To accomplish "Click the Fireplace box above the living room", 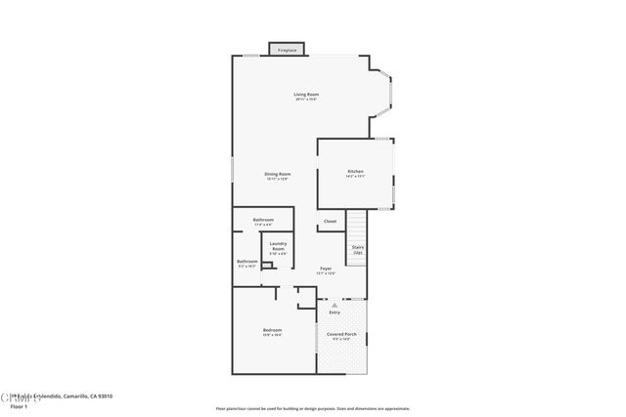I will click(x=287, y=49).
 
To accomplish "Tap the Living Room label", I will click(x=306, y=95).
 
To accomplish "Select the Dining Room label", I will click(x=278, y=174).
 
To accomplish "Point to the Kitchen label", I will click(x=355, y=172).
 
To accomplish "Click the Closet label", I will click(x=330, y=222).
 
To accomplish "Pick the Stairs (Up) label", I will click(x=357, y=249).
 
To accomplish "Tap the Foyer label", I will click(x=325, y=268).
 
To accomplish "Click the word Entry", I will click(x=335, y=312).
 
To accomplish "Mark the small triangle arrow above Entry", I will click(x=335, y=305).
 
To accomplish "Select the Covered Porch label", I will click(x=340, y=334).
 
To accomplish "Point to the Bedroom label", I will click(x=272, y=330).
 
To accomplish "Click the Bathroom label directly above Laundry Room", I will click(x=262, y=220).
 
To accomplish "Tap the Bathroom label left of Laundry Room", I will click(x=246, y=261).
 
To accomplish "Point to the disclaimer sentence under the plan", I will click(x=312, y=408).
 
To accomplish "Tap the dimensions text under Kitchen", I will click(x=355, y=178).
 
